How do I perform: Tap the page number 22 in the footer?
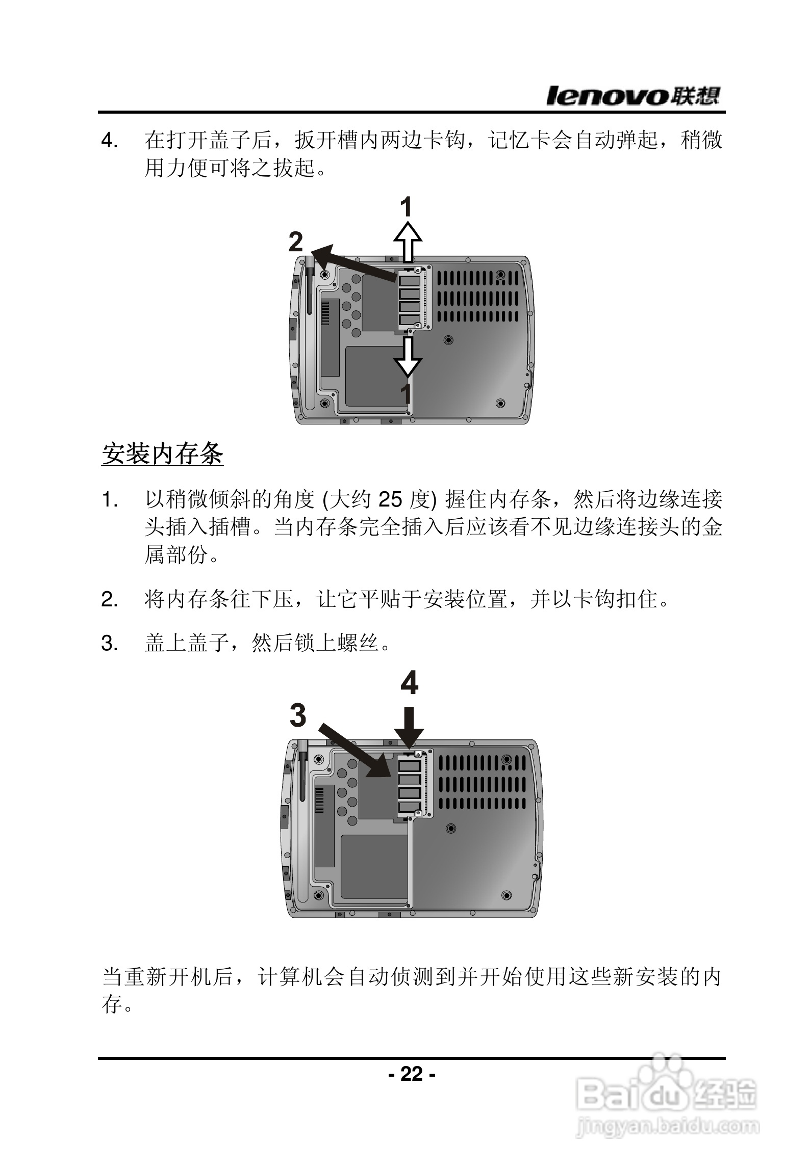[x=412, y=1074]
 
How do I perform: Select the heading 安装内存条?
[x=163, y=453]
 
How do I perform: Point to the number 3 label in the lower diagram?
[x=298, y=715]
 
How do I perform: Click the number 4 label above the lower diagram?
[x=409, y=683]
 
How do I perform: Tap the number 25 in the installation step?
[x=390, y=500]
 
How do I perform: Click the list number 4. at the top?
[x=110, y=141]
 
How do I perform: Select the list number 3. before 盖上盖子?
[x=110, y=644]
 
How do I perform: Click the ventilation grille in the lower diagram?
[x=482, y=785]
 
